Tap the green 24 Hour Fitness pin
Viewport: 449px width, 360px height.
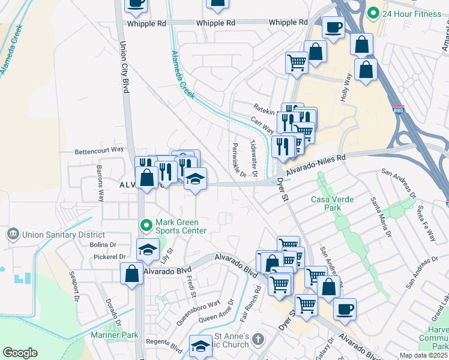(373, 13)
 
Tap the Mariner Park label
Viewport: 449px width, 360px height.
(115, 335)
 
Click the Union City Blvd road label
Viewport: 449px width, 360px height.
(125, 67)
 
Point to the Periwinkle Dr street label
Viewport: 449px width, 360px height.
(238, 161)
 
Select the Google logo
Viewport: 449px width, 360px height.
(20, 353)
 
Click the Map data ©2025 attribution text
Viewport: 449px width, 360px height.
(424, 355)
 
